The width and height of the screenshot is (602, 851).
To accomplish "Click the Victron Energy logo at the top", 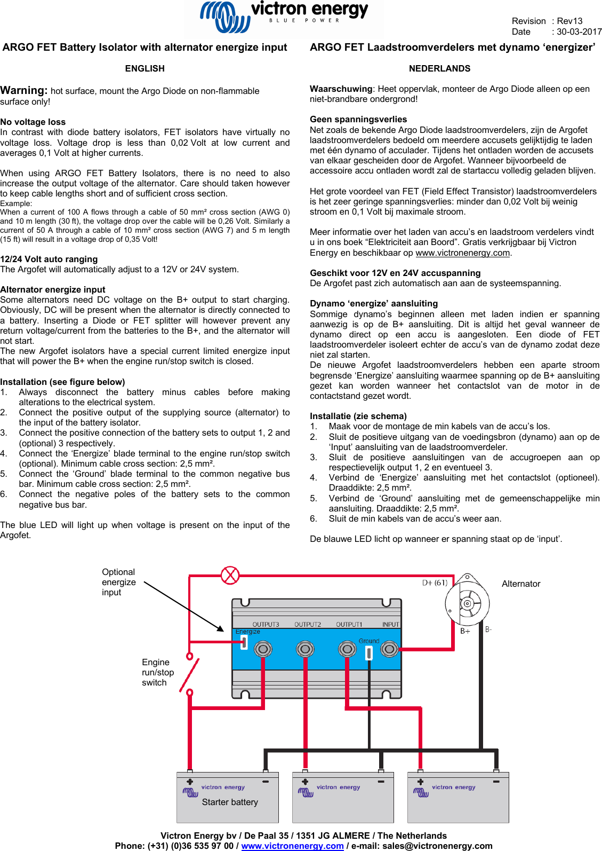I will point(283,18).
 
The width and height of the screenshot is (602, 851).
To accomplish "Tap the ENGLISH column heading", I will point(145,68).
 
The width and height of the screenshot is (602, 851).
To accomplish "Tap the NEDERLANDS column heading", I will point(439,68).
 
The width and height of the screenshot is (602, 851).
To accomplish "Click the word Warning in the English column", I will point(23,90).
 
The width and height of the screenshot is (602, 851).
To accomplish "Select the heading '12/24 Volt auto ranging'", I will point(49,259).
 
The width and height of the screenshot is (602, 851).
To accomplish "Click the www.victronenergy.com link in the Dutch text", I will point(462,253).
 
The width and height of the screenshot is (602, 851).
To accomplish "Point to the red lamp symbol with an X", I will point(230,576).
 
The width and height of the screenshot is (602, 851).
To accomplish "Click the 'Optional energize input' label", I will point(119,582).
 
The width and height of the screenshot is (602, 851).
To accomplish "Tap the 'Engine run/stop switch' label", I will point(158,672).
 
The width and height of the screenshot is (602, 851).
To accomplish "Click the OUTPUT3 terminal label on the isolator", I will point(266,624).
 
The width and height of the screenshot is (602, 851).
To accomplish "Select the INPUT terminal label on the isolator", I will point(390,624).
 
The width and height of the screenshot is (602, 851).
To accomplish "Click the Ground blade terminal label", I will point(368,641).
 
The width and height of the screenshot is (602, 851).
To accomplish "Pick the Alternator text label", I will point(521,584).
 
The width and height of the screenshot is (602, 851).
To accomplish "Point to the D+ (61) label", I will point(435,582).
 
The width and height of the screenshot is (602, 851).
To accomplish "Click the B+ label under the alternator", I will point(465,631).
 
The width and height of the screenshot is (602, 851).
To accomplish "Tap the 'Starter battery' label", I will point(230,802).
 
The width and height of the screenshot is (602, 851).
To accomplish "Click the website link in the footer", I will point(292,846).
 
